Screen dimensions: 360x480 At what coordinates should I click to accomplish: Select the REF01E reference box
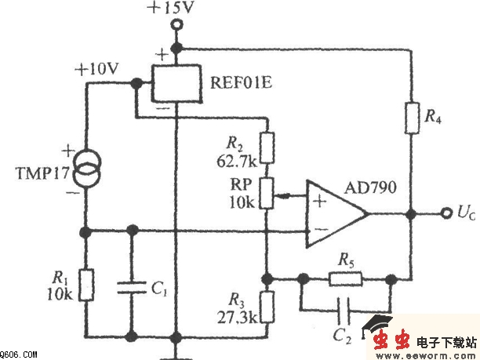point(178,82)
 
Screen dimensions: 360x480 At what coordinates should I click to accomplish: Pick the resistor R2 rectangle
point(268,147)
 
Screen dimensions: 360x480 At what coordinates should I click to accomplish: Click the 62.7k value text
point(237,162)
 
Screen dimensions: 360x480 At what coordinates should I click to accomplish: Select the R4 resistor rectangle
point(410,117)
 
